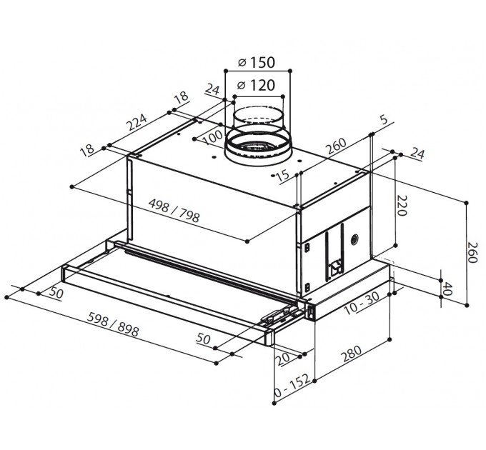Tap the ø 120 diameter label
tap(256, 85)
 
